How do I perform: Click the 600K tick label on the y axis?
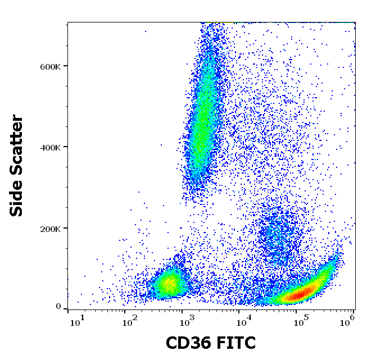(49, 66)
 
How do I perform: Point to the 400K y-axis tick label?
(49, 147)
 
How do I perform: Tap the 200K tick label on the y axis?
(49, 229)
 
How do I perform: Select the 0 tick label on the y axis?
(58, 307)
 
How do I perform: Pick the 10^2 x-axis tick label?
(130, 321)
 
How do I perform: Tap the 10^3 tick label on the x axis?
(185, 321)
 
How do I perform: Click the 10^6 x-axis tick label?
(348, 321)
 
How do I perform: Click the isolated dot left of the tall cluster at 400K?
(161, 144)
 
